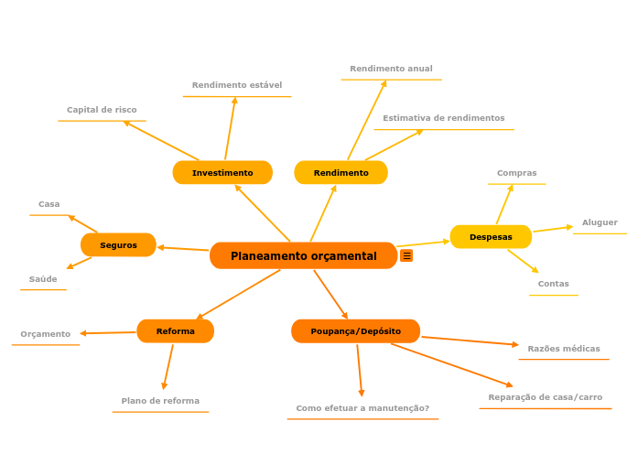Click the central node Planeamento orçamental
303,256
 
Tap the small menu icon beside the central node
406,256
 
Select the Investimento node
222,173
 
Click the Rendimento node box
341,173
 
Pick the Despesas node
491,237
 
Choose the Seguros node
118,245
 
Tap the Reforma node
175,331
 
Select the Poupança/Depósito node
355,331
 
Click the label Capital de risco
102,110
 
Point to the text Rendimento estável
237,85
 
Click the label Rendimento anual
391,69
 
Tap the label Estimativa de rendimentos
444,118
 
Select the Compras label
517,173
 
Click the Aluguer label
600,222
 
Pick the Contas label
554,284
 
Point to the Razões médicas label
564,349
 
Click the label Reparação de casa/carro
546,397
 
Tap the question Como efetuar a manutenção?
362,408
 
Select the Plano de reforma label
160,401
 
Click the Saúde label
43,279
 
